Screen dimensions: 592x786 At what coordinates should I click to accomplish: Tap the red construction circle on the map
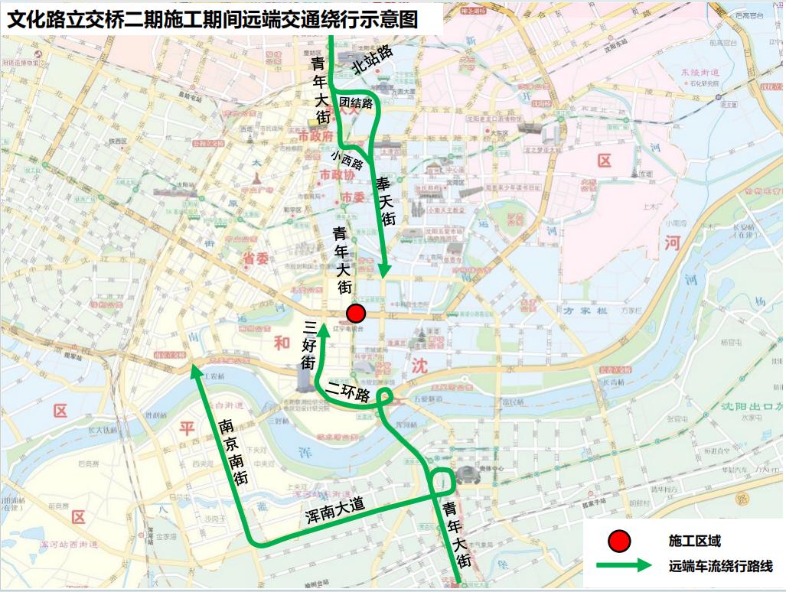point(355,314)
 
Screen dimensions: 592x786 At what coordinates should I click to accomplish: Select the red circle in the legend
point(618,542)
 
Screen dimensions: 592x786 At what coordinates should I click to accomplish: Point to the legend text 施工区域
point(695,542)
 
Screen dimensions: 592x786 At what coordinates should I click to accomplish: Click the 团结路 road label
point(357,102)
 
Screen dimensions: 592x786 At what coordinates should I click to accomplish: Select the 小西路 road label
point(347,160)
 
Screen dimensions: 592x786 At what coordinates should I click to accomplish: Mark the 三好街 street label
point(308,345)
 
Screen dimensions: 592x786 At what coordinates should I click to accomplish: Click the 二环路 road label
point(348,392)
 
